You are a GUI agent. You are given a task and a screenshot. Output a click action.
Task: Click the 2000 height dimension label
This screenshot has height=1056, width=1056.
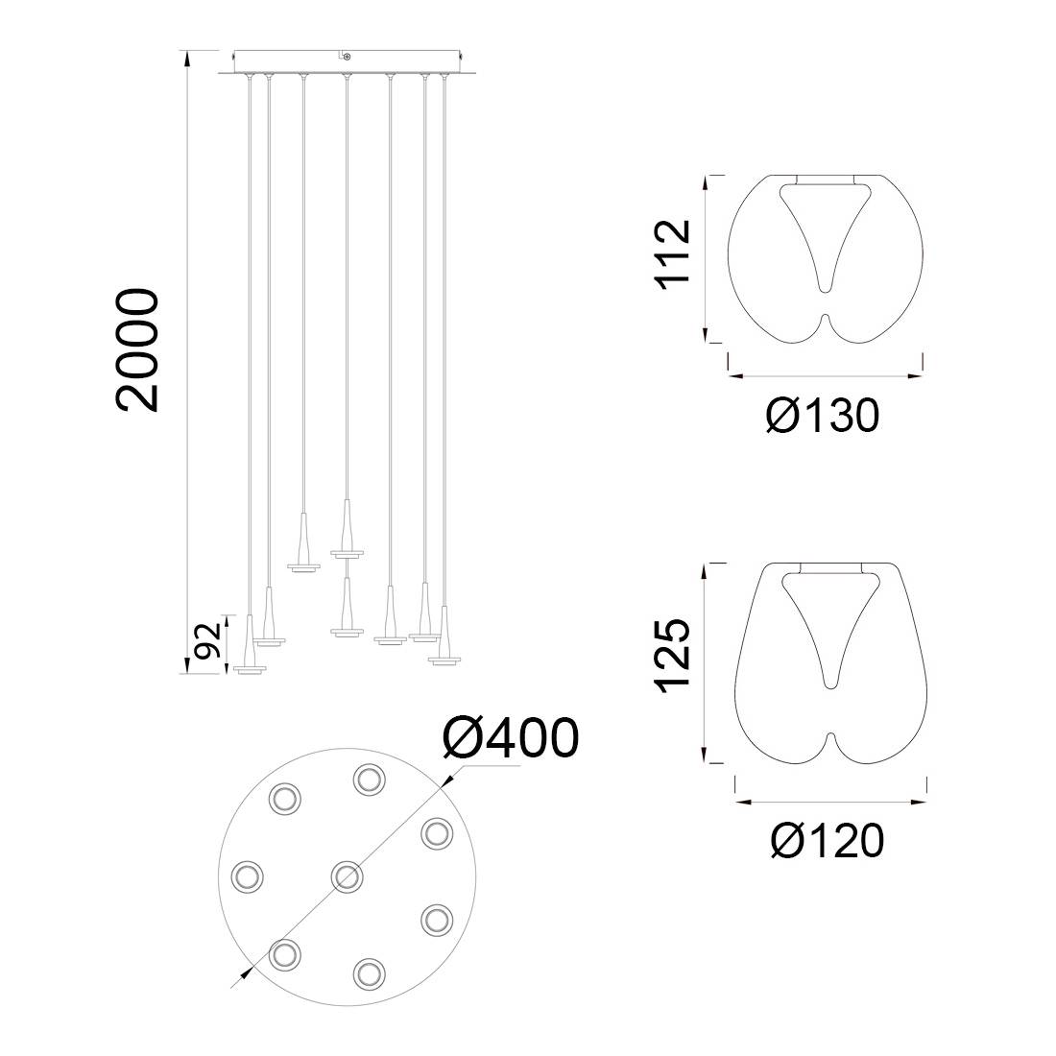coord(138,349)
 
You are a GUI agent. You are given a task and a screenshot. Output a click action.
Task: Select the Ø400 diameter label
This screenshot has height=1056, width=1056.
coord(511,737)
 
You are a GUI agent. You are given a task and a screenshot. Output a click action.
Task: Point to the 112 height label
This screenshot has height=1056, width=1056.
coord(673,253)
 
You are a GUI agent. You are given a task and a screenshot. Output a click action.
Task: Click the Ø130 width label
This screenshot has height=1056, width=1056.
coord(823,415)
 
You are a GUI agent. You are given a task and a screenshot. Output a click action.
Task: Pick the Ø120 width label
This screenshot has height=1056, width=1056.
coord(827,841)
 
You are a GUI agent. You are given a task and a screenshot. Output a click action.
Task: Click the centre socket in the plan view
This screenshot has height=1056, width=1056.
coord(348,876)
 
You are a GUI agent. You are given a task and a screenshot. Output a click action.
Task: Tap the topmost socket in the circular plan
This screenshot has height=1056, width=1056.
coord(370,780)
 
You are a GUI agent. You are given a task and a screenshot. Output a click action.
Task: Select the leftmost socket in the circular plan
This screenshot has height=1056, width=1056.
coord(247,876)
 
